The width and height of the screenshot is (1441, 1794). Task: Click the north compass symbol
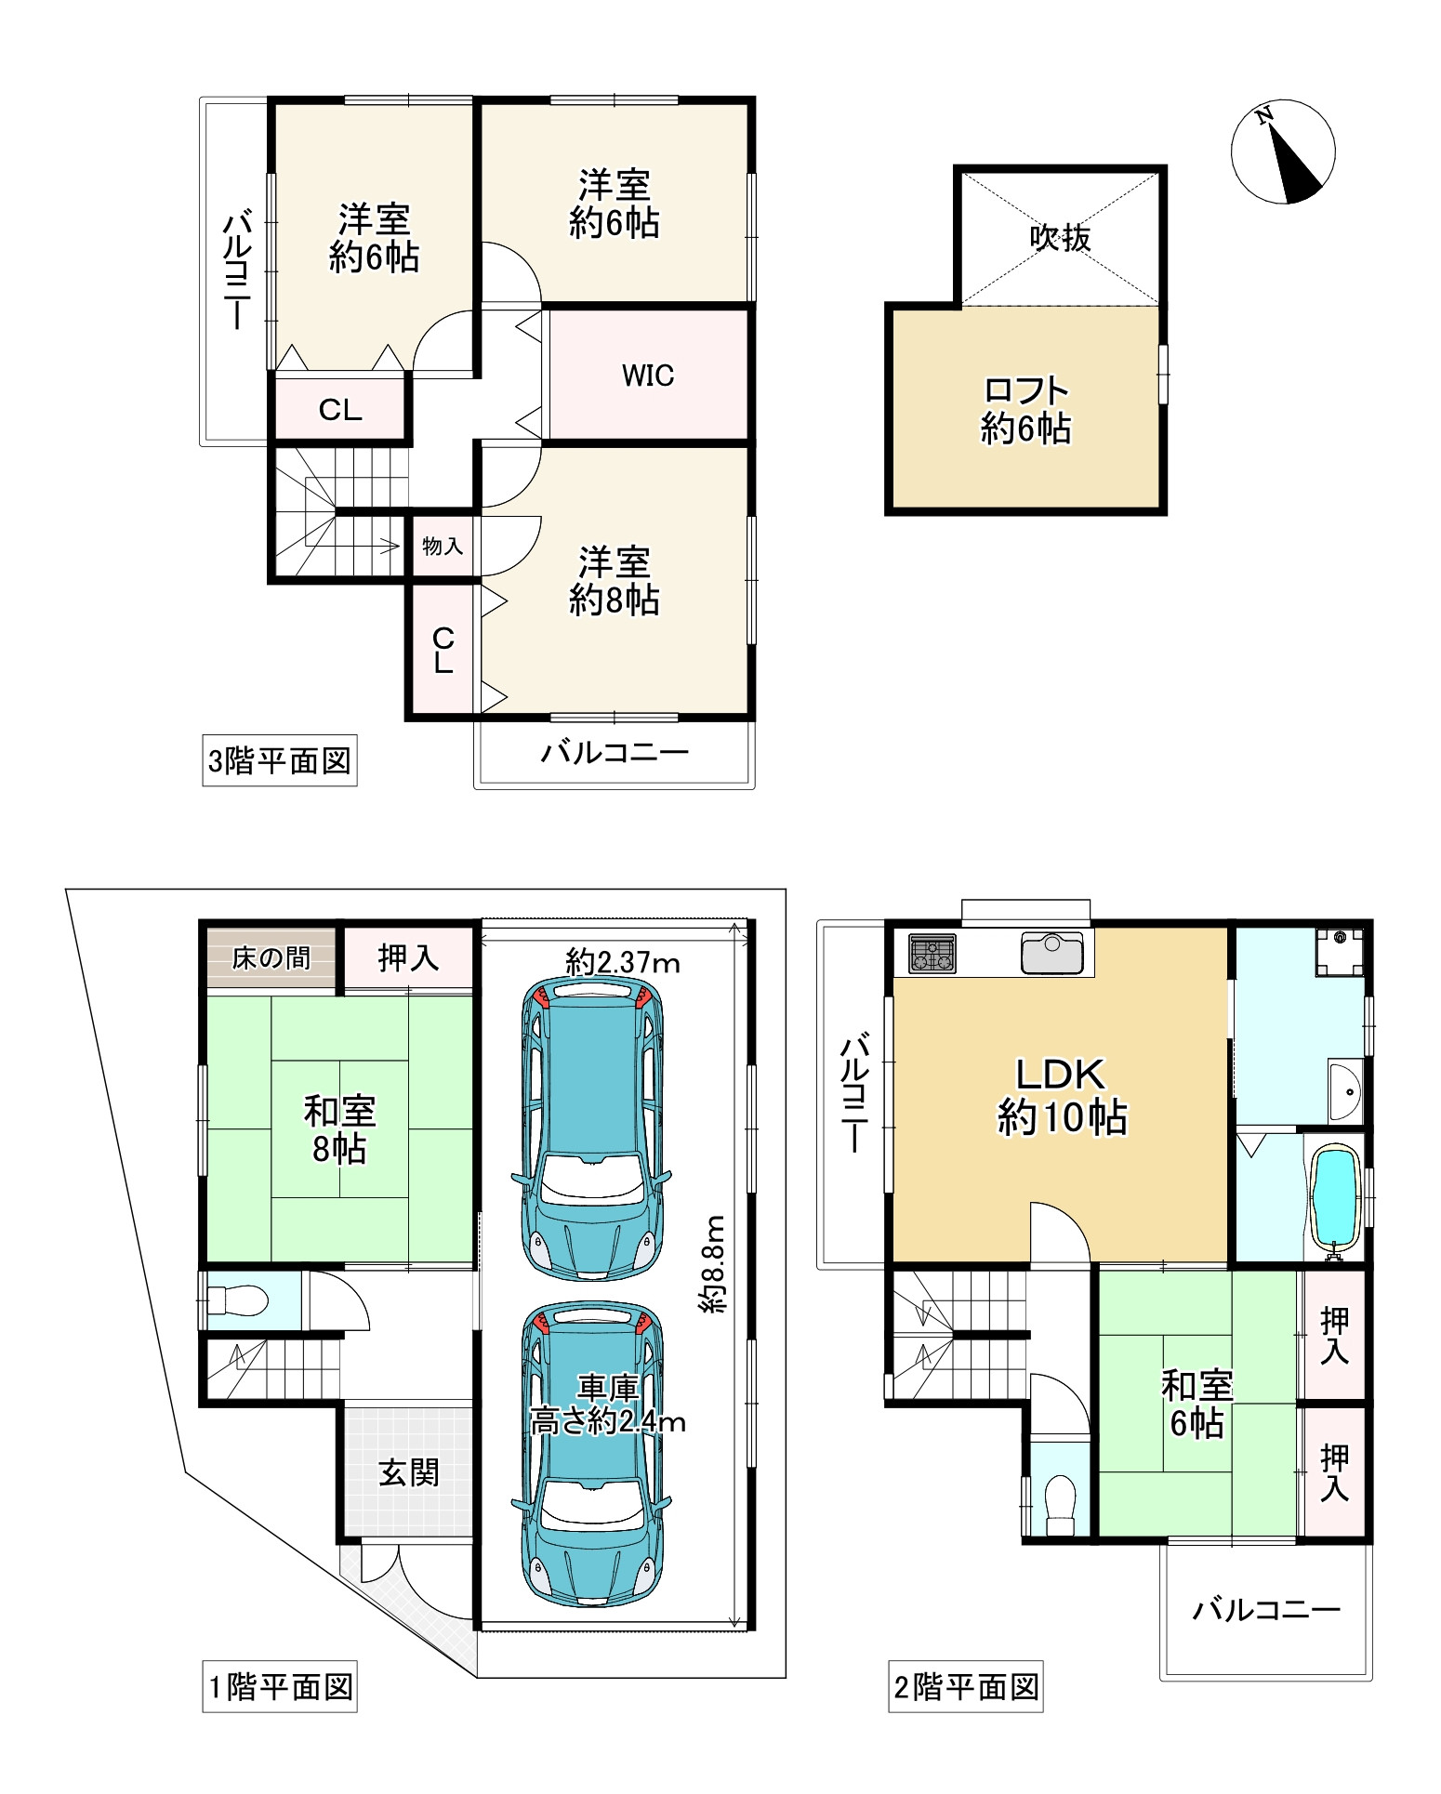pos(1283,151)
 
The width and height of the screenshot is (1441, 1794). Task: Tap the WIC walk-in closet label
pos(648,376)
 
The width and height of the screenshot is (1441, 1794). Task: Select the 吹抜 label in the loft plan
pos(1060,238)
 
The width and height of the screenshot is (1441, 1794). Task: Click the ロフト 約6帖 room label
pos(1026,409)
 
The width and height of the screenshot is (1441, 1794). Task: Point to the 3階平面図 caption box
pos(280,761)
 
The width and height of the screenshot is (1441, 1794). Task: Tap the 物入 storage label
pos(443,546)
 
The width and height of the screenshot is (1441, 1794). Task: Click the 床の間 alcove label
pos(271,957)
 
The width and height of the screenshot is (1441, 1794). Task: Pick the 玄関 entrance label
pos(409,1472)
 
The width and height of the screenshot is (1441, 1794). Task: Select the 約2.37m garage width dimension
pos(623,962)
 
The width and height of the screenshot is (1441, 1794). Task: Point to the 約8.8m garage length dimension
pos(714,1263)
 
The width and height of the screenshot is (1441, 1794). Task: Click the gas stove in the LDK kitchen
pos(932,952)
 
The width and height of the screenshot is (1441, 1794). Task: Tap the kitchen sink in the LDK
pos(1052,953)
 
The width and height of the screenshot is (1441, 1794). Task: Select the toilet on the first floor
pos(237,1299)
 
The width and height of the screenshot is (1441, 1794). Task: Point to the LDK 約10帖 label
pos(1062,1096)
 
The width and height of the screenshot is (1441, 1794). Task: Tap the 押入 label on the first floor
pos(409,958)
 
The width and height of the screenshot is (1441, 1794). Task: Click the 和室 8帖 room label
pos(339,1129)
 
